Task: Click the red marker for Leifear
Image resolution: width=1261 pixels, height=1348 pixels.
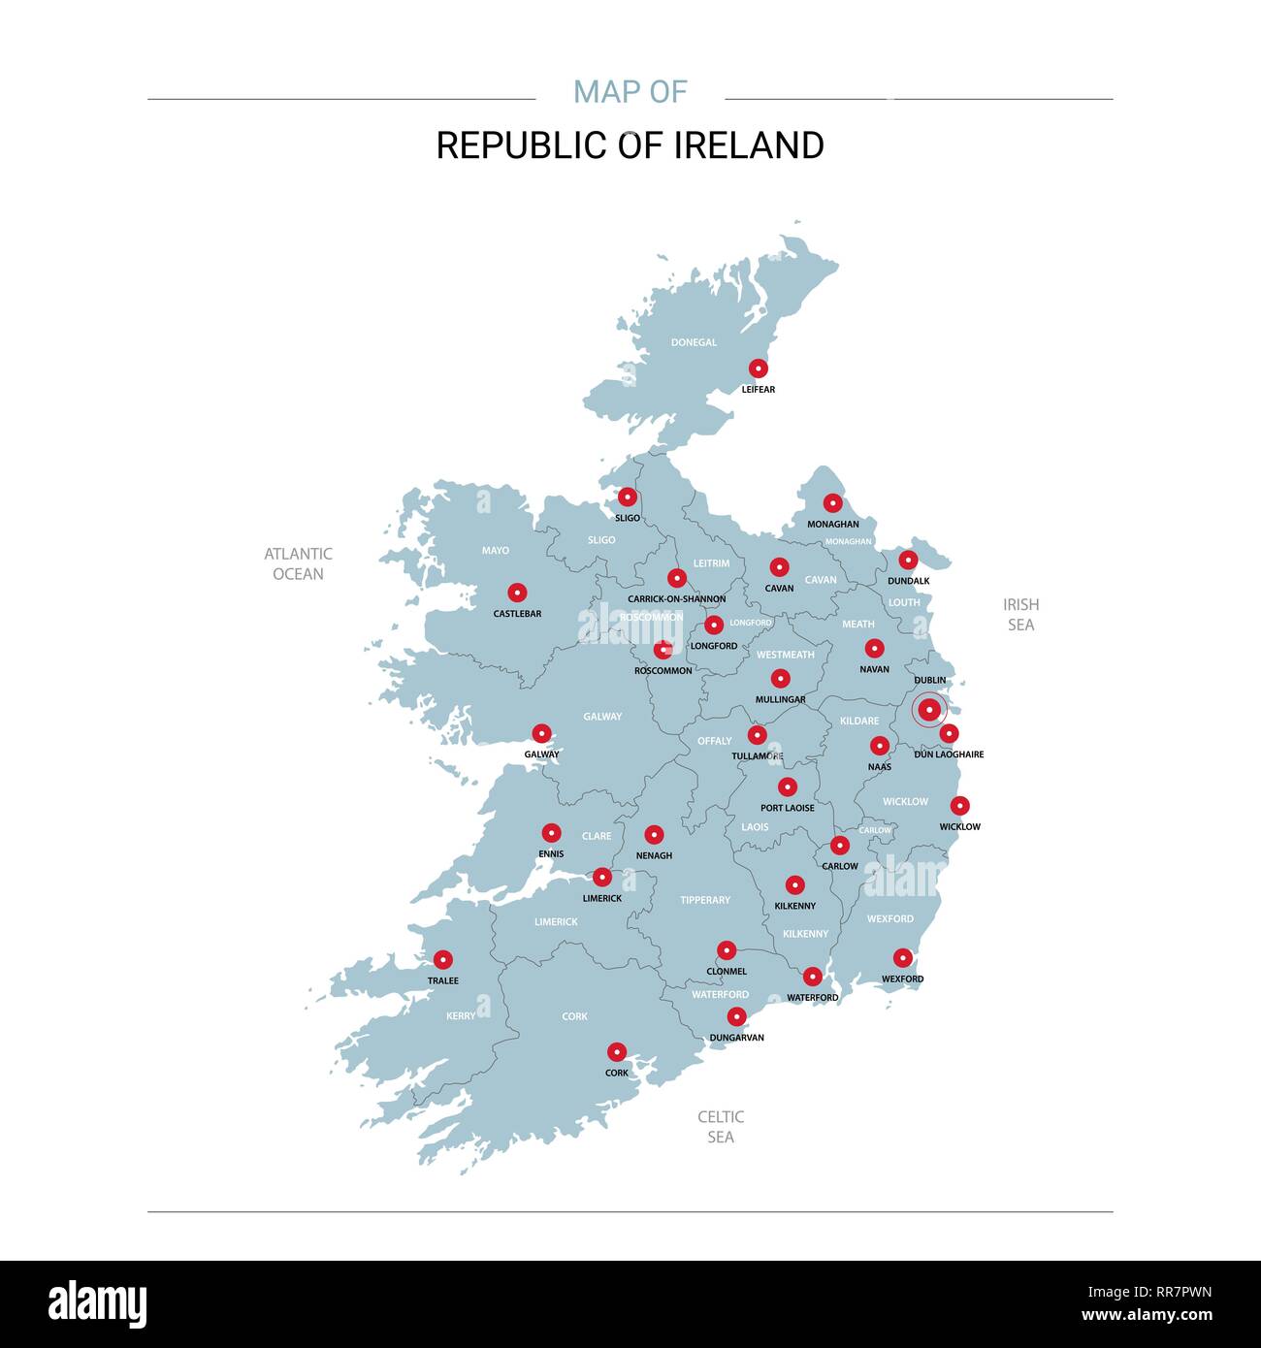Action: pos(759,369)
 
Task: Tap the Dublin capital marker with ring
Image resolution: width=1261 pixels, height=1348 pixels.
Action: pos(929,710)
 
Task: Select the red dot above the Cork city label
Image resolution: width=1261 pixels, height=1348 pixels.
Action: pos(617,1052)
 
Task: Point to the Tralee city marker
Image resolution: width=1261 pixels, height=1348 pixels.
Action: pos(443,960)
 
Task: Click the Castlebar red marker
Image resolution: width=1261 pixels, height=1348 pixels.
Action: pos(518,593)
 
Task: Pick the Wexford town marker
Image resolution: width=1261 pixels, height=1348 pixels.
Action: pos(903,958)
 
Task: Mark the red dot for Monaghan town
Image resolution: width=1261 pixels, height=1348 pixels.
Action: pos(833,503)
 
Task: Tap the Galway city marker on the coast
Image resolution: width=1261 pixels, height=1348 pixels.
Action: pos(542,734)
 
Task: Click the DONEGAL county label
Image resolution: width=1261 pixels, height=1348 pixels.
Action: pos(694,342)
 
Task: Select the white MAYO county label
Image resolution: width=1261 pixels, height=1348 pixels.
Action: pos(496,551)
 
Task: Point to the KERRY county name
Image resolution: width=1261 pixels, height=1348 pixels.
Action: pos(461,1016)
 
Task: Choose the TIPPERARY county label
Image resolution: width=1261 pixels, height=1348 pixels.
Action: pos(705,900)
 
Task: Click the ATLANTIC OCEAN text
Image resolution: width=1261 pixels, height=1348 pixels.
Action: pos(299,563)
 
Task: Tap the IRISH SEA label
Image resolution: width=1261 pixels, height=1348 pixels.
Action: pos(1020,614)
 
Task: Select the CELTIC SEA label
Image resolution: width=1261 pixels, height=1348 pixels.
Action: pos(721,1127)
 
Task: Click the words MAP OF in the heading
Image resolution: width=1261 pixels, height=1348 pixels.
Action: pos(630,92)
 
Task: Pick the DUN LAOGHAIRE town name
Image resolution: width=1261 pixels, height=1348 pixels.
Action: pos(949,754)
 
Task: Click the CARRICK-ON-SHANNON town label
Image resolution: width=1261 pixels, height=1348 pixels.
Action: pos(677,599)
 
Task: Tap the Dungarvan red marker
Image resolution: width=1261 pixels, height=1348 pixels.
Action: pos(737,1016)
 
